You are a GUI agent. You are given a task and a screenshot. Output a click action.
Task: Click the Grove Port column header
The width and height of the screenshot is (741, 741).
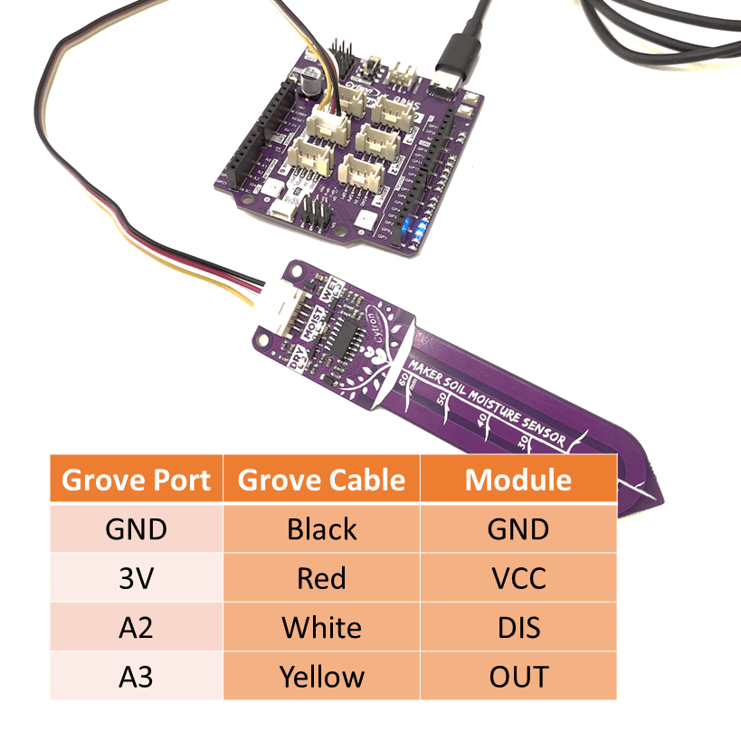tap(136, 480)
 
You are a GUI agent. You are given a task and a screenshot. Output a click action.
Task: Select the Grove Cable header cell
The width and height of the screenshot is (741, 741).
tap(321, 480)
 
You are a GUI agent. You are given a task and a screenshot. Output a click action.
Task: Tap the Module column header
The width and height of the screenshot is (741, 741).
tap(518, 480)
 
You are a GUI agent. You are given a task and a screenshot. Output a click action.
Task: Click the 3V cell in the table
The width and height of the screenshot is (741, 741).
tap(136, 577)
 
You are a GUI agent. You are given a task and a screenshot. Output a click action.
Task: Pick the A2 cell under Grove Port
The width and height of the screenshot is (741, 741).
tap(136, 627)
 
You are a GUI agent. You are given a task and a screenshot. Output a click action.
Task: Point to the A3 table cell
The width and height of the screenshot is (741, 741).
tap(136, 676)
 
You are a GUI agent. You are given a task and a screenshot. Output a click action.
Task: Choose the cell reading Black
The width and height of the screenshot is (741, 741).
tap(321, 528)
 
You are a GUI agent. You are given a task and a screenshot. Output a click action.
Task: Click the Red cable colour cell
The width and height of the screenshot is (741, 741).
tap(321, 577)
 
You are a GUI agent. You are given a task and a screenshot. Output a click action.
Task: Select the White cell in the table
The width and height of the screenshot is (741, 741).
tap(321, 627)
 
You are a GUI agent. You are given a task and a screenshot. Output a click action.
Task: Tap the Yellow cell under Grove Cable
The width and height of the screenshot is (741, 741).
tap(321, 676)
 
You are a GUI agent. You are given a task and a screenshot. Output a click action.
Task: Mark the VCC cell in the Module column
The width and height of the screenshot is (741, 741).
tap(518, 577)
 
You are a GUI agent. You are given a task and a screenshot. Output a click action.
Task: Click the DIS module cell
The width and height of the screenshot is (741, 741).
tap(518, 627)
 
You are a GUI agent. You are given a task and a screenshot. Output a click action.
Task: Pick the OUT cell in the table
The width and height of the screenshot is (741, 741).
tap(518, 676)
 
